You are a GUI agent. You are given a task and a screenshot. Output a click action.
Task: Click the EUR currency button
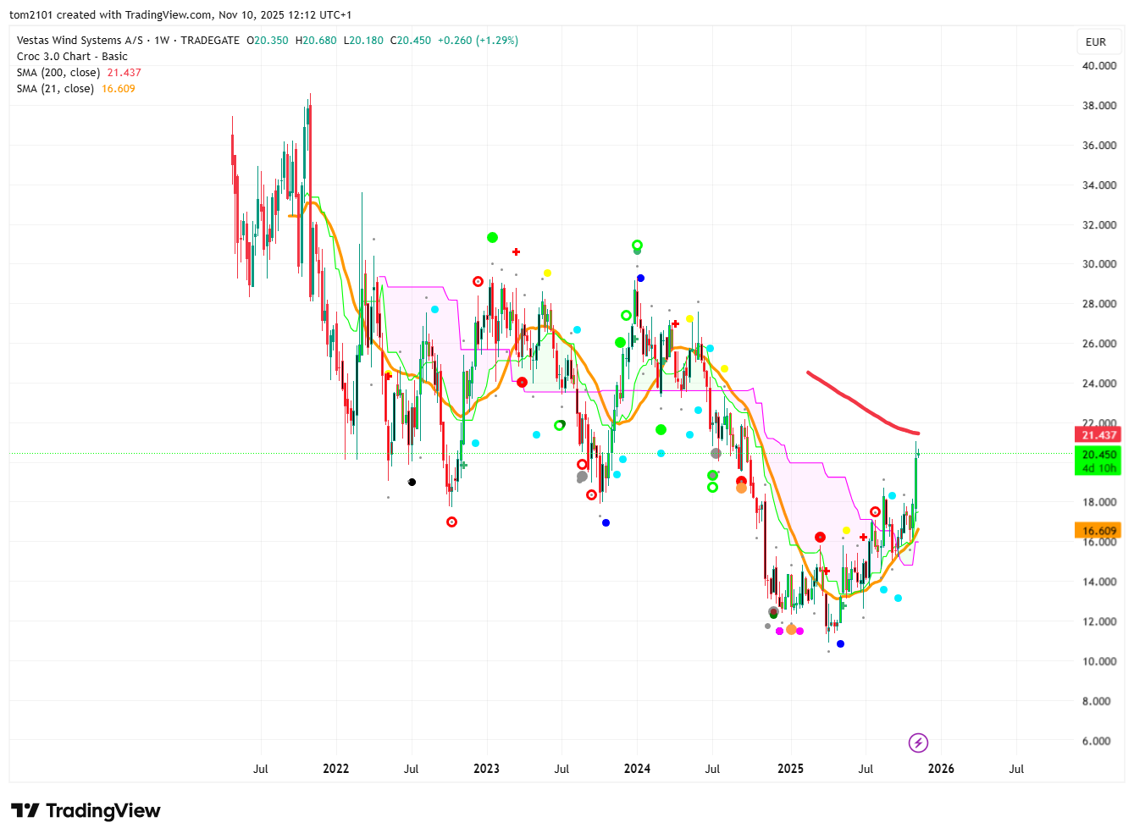[x=1096, y=41]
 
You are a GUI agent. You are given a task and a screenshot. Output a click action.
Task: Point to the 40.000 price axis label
[x=1099, y=66]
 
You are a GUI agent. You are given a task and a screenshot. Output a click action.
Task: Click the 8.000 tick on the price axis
[x=1099, y=701]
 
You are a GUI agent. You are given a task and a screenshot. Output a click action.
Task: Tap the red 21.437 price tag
[x=1098, y=435]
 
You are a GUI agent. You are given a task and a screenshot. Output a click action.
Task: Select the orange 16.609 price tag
[x=1098, y=531]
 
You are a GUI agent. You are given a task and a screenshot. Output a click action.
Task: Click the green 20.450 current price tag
[x=1098, y=455]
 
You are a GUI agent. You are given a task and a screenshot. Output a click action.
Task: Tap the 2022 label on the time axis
[x=335, y=769]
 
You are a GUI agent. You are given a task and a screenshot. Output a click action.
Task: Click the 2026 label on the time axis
[x=941, y=769]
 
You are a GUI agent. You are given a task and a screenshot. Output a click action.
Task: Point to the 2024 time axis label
[x=637, y=769]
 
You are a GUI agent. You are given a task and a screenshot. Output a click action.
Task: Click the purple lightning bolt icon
[x=918, y=743]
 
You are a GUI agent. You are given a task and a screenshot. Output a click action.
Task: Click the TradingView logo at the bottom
[x=86, y=811]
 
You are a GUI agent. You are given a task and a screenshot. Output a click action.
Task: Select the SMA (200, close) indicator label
[x=58, y=73]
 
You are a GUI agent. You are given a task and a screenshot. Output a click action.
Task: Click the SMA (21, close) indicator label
[x=55, y=89]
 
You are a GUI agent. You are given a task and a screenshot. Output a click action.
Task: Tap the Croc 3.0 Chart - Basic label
[x=72, y=57]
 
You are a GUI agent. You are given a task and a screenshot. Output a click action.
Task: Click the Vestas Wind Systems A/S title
[x=80, y=41]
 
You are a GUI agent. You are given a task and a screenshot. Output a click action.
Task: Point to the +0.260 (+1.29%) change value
[x=478, y=41]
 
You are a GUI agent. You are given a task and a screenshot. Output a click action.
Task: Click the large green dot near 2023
[x=492, y=238]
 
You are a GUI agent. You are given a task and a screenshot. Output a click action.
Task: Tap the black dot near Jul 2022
[x=412, y=483]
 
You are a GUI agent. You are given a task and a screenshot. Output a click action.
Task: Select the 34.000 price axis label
[x=1099, y=185]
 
